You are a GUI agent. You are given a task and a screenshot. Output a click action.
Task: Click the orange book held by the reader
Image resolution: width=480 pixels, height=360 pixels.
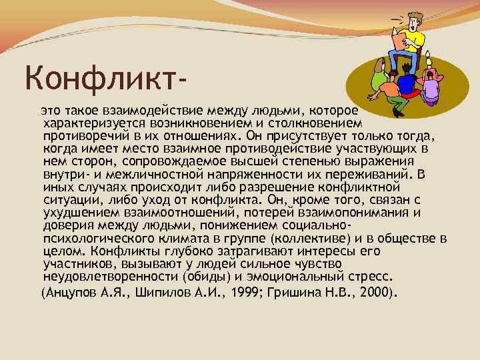click(400, 42)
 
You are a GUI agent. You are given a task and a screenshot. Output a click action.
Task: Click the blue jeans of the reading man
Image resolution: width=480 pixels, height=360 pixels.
click(407, 61)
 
